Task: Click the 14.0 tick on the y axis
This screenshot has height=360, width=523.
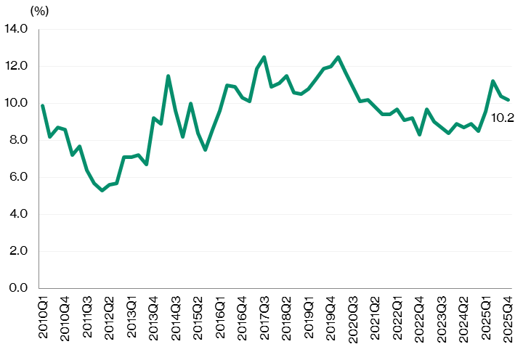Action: click(16, 29)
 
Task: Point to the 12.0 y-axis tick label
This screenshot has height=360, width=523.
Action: click(16, 66)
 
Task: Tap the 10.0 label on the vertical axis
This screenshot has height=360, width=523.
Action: click(16, 103)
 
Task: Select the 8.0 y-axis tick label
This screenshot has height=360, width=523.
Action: click(18, 140)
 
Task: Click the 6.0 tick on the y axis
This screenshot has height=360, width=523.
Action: click(18, 177)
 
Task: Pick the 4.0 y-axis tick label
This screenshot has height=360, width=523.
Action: click(18, 214)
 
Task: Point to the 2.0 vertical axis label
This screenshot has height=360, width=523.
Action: click(18, 251)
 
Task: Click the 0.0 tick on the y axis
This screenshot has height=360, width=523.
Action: click(18, 288)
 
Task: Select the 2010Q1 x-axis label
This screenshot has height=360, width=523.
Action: click(43, 313)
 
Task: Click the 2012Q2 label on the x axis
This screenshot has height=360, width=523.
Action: click(110, 313)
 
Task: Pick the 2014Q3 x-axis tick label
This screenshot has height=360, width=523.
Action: click(177, 313)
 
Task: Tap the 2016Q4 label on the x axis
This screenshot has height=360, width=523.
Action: click(243, 313)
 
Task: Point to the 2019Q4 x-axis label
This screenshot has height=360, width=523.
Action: click(331, 313)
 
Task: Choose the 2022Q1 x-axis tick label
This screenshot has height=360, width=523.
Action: click(397, 313)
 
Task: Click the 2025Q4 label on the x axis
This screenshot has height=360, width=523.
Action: click(508, 313)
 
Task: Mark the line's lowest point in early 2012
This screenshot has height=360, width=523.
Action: click(102, 190)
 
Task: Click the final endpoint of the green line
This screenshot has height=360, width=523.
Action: click(508, 99)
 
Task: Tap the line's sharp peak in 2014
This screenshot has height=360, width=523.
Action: click(169, 75)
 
